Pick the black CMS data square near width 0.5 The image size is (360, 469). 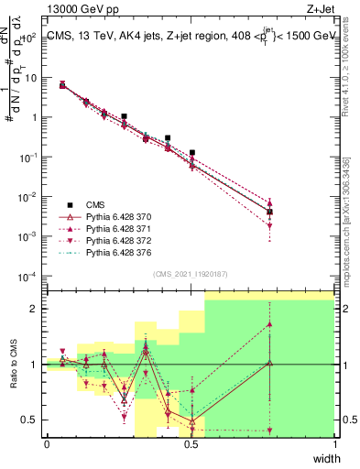coord(192,153)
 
